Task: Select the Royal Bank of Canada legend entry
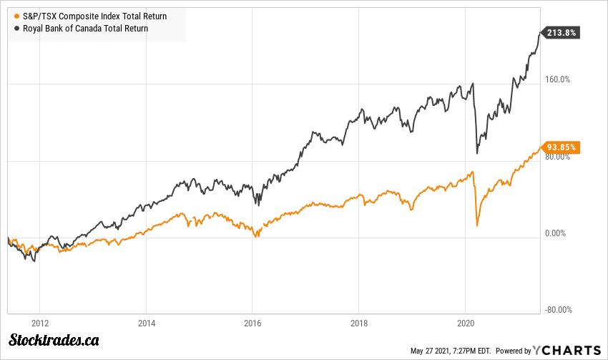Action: click(x=80, y=29)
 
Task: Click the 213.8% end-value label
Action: click(x=562, y=32)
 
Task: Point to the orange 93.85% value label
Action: click(x=562, y=148)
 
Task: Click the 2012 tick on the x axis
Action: click(x=39, y=322)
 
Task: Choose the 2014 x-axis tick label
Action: click(x=146, y=322)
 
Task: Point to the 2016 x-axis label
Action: click(x=252, y=322)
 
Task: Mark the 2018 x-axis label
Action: click(x=359, y=322)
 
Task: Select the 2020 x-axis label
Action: click(x=466, y=322)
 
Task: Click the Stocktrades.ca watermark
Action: click(x=54, y=341)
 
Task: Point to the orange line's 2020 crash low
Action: click(x=476, y=226)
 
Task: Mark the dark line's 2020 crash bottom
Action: click(x=477, y=153)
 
